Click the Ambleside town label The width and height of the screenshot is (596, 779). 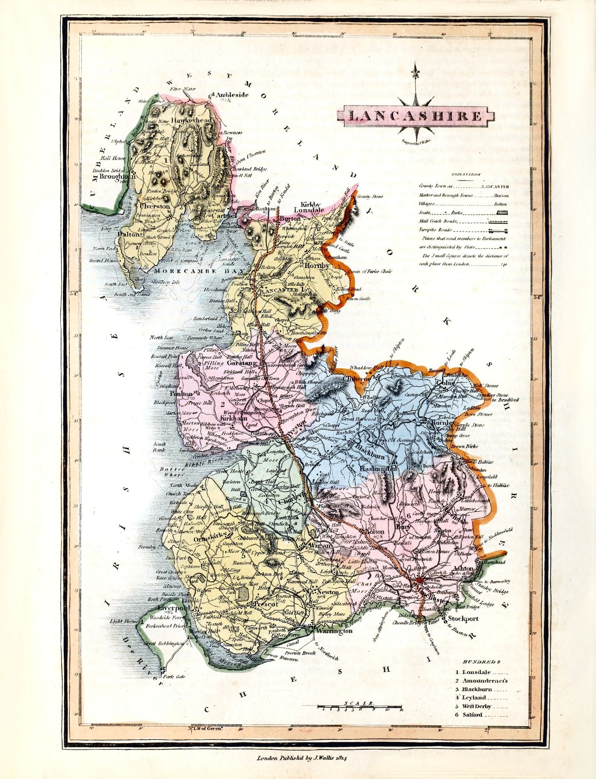[x=232, y=95]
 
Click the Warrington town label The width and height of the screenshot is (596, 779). [x=334, y=631]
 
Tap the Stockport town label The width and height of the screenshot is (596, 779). [x=463, y=619]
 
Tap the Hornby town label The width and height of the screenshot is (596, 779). [x=317, y=266]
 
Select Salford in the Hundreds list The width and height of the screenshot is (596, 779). [x=473, y=715]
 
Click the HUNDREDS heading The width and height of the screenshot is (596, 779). [x=481, y=662]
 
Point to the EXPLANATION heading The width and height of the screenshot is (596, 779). [x=466, y=174]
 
